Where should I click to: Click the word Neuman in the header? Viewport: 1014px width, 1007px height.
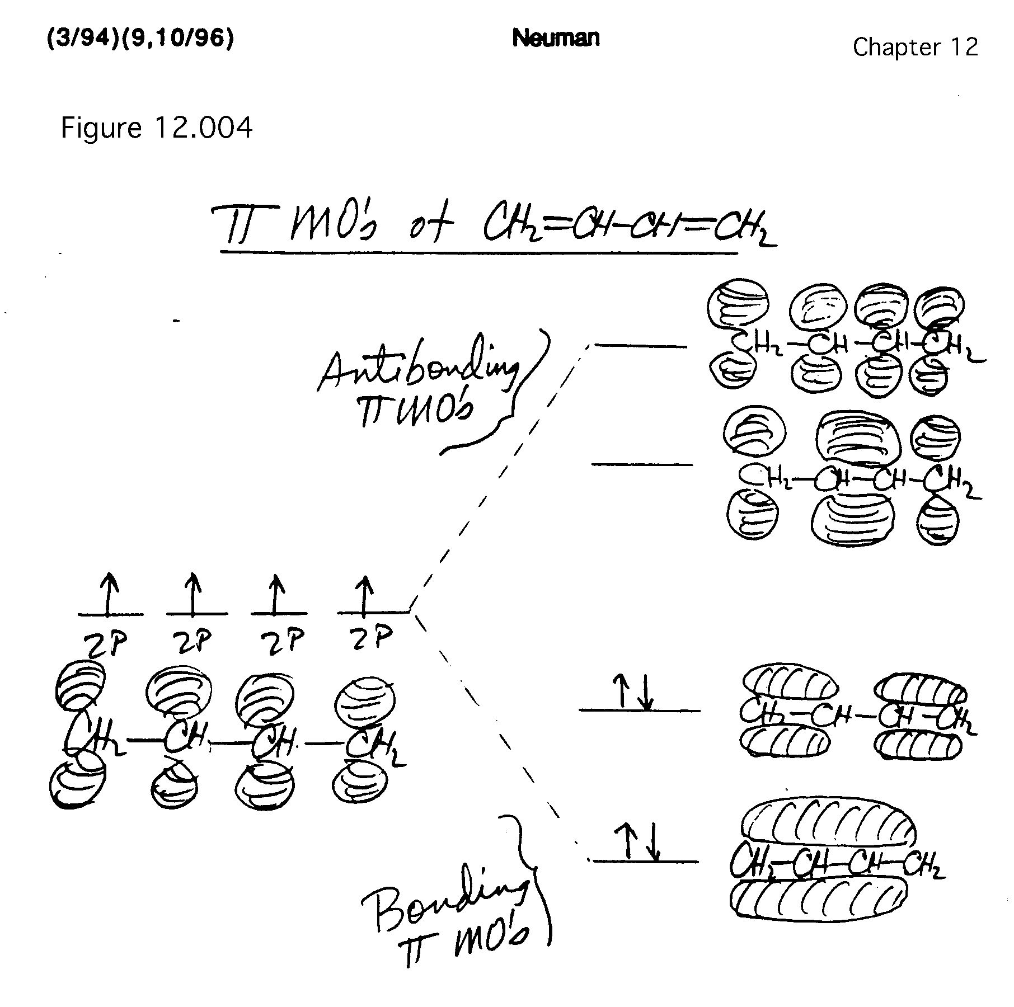(555, 38)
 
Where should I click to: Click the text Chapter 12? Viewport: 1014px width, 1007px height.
(915, 47)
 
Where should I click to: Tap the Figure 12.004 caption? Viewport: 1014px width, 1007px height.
(156, 128)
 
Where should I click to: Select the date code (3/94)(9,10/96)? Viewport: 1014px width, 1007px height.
(140, 39)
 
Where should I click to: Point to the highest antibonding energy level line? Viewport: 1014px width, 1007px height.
(640, 346)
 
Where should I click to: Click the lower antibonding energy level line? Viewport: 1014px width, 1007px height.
(641, 464)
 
